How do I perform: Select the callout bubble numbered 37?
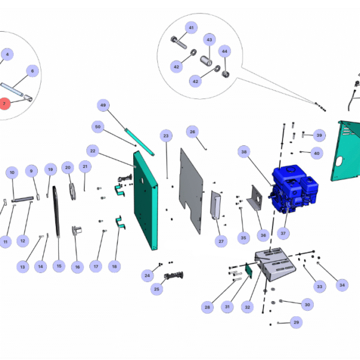(x=284, y=233)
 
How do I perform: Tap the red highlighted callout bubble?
(x=5, y=103)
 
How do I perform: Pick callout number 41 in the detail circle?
(x=191, y=28)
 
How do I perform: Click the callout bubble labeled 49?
(x=103, y=106)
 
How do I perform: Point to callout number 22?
(x=92, y=149)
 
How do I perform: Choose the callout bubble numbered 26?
(x=192, y=131)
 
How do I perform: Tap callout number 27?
(x=221, y=241)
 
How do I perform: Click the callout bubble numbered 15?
(x=58, y=265)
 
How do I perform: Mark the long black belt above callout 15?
(x=56, y=222)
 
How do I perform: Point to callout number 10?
(x=11, y=172)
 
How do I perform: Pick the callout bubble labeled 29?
(x=296, y=322)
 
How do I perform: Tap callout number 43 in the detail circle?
(x=209, y=40)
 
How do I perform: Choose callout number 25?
(x=157, y=289)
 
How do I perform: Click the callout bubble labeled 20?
(x=67, y=167)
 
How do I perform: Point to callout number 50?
(x=98, y=126)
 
